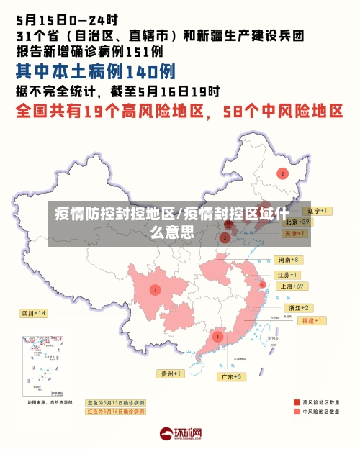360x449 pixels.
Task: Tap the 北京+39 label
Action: (x=295, y=222)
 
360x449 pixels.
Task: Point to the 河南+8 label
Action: (x=288, y=260)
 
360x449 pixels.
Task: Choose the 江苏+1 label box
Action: (x=287, y=275)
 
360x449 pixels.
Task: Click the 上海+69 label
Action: (x=292, y=286)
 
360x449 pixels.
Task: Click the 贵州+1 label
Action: (x=171, y=373)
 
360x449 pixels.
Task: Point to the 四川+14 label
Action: (x=34, y=314)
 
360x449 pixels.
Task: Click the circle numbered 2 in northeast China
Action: (x=283, y=173)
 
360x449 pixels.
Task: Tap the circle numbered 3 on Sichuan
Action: (x=155, y=289)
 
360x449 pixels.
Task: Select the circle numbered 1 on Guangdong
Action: (x=217, y=336)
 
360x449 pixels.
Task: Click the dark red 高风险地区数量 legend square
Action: (x=297, y=402)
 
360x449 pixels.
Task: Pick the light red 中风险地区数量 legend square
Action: (x=297, y=412)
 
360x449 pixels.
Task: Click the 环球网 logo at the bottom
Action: (x=180, y=434)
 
